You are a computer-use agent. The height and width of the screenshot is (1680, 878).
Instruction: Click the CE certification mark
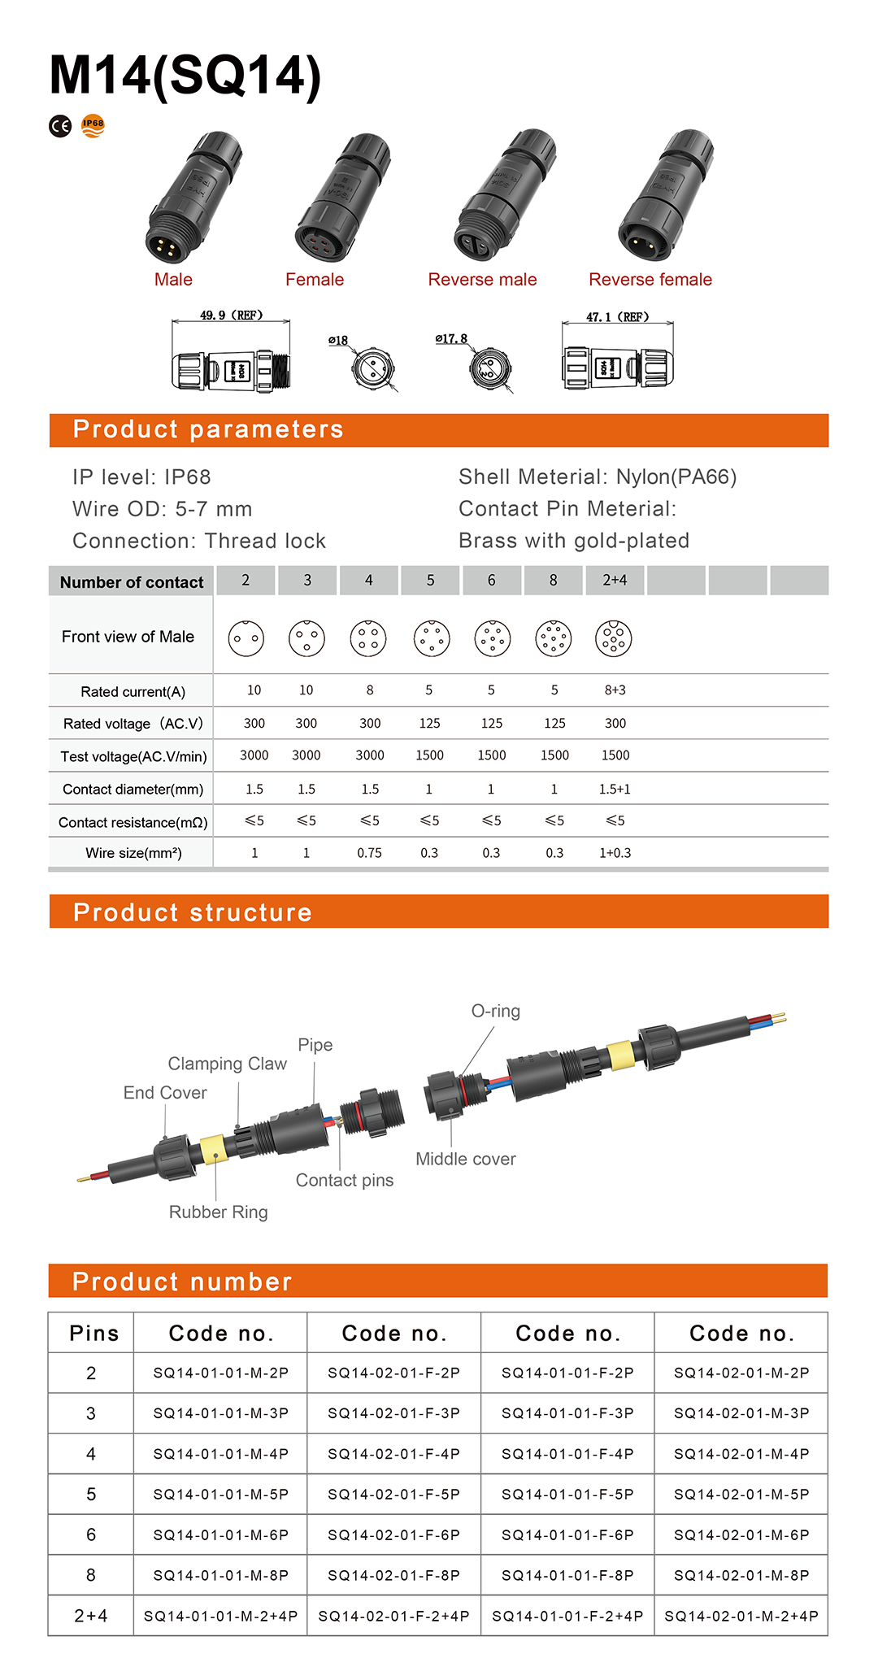60,126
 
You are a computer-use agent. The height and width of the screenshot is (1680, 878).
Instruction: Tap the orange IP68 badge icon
93,125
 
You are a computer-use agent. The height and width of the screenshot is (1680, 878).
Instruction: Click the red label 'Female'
315,280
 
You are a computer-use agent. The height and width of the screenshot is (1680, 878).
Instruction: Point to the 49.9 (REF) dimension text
231,316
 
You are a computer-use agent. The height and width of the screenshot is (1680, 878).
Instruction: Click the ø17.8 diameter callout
451,338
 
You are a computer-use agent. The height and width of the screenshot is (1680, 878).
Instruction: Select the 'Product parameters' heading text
208,429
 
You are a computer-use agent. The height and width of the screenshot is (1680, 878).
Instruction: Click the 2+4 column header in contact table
615,581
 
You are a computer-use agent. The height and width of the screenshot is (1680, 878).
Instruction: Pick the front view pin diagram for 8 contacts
554,638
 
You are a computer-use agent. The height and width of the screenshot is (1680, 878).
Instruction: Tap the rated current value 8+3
615,690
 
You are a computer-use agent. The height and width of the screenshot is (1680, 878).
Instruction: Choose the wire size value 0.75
369,853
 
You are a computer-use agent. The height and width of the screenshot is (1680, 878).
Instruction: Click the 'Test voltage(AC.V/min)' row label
133,757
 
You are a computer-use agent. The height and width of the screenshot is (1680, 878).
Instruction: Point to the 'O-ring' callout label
496,1011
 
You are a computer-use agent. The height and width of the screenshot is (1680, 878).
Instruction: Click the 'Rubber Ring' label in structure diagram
218,1212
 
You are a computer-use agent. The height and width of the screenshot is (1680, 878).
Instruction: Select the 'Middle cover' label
466,1159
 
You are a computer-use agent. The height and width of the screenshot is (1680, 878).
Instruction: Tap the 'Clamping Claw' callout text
228,1064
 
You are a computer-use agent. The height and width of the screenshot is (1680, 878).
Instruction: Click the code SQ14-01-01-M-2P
221,1373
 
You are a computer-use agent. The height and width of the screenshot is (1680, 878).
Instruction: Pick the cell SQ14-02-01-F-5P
394,1495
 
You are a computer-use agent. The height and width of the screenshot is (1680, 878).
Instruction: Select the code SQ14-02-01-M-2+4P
741,1617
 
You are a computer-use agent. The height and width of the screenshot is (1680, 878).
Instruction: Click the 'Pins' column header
94,1334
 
